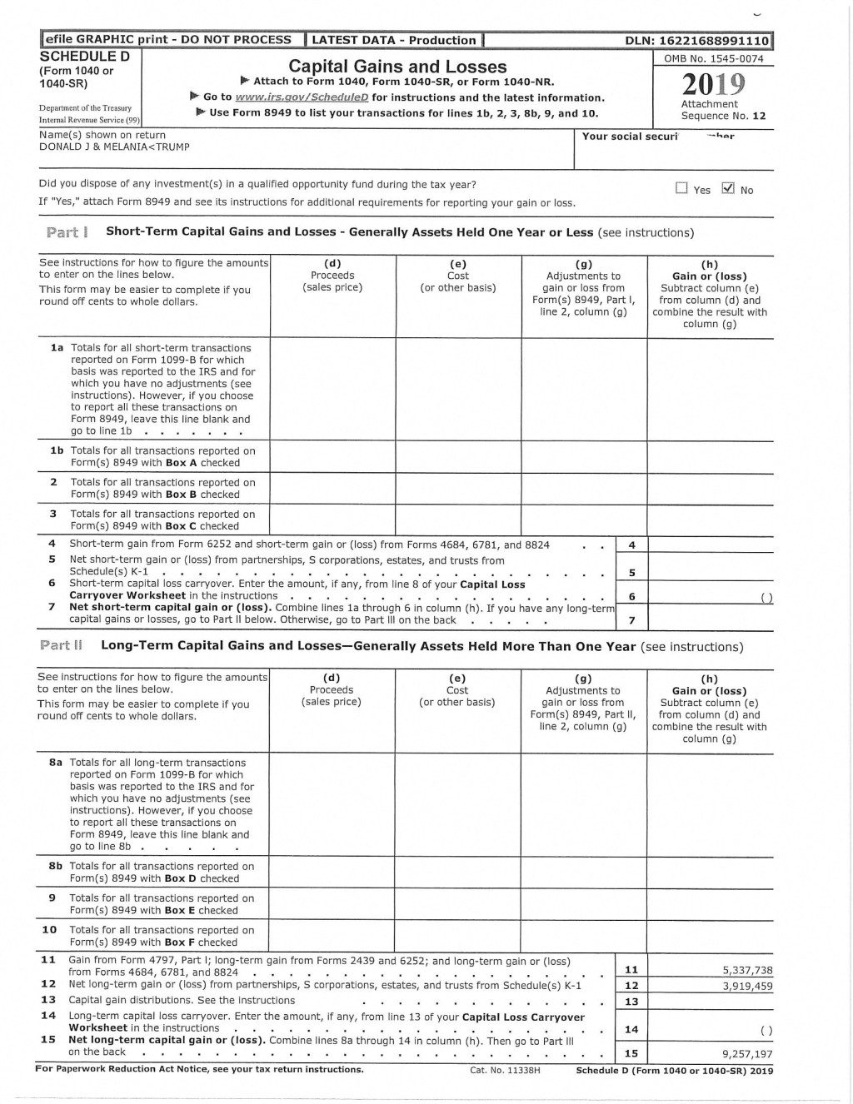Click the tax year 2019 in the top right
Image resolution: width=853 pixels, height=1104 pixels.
714,84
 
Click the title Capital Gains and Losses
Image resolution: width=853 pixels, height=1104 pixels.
397,67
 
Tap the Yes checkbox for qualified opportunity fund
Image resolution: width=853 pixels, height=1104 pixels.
682,189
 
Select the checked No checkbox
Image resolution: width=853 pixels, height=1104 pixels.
728,188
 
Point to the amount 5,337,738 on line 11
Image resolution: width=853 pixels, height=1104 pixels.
747,970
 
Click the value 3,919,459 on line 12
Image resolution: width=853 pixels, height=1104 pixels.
747,986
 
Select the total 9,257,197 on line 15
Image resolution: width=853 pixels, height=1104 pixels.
747,1053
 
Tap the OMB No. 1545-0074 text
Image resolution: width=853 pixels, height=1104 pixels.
714,58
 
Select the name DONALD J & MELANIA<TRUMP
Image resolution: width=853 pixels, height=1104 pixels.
114,147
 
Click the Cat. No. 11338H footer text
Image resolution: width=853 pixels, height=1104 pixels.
505,1070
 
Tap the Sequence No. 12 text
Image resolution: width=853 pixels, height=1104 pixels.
723,116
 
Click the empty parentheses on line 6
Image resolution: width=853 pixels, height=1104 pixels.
766,597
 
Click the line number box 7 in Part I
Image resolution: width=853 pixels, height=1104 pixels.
631,620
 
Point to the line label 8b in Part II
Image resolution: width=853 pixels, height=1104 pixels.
56,866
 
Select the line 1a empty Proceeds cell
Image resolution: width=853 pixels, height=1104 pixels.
332,388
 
